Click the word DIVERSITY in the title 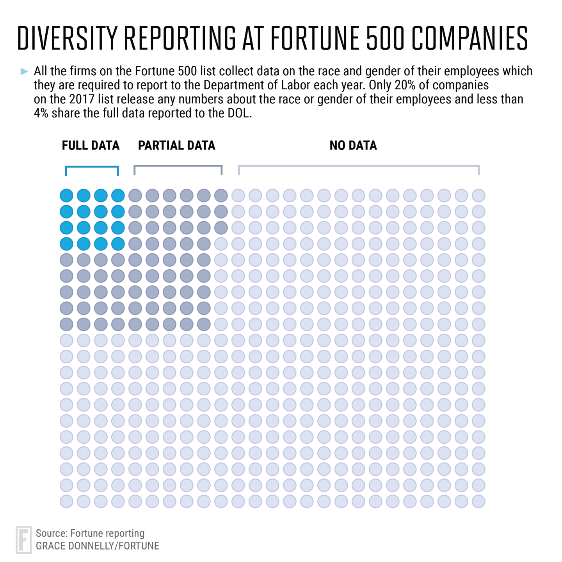coord(67,38)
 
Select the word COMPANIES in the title coord(470,38)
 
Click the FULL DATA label coord(91,146)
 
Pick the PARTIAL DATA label coord(176,146)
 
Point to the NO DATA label coord(353,146)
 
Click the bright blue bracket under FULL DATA coord(92,167)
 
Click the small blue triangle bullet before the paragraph coord(24,71)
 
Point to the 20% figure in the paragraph coord(405,85)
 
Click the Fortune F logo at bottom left coord(23,539)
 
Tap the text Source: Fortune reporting coord(90,533)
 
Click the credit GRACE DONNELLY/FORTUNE coord(98,546)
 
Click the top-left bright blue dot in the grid coord(66,196)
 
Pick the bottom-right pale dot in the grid coord(478,501)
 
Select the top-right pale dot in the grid coord(478,196)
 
